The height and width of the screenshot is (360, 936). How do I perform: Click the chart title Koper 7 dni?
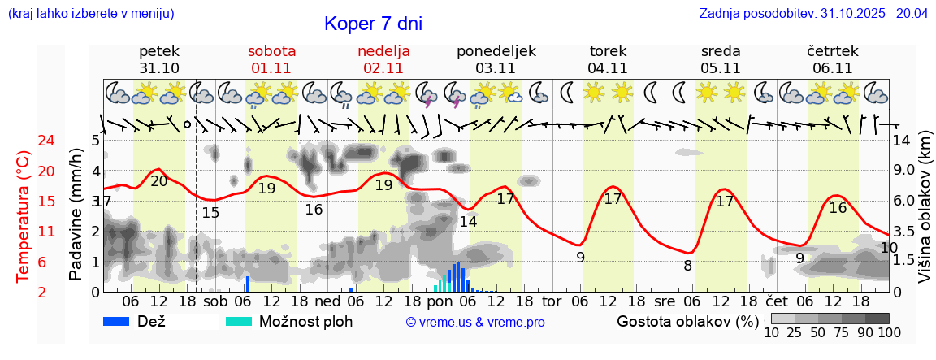[373, 24]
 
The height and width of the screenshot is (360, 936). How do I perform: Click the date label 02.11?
[383, 68]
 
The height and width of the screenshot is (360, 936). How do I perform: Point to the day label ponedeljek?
[496, 51]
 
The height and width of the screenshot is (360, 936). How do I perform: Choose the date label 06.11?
[833, 68]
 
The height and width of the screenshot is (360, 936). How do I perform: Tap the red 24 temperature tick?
[24, 141]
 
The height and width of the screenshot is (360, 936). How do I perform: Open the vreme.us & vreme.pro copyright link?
[475, 322]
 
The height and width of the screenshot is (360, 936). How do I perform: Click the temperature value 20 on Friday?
[159, 181]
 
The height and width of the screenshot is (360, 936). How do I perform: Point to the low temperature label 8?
[687, 266]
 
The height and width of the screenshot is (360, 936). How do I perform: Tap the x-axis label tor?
[552, 301]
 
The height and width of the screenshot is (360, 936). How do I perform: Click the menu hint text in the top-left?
[90, 14]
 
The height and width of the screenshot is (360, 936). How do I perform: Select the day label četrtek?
[833, 51]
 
